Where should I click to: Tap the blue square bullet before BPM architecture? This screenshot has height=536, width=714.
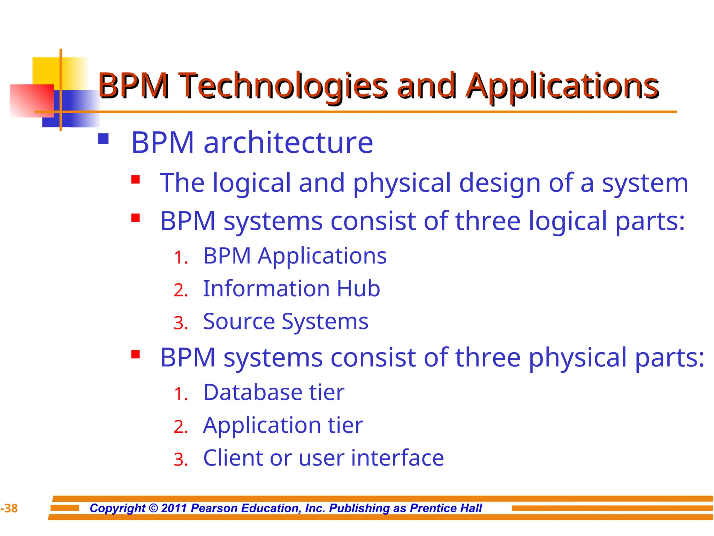103,139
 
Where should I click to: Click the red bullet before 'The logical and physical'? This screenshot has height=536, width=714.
136,180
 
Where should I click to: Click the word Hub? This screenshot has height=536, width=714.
358,289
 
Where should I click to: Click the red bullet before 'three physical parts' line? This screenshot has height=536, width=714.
136,355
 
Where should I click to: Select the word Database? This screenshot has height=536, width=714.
252,392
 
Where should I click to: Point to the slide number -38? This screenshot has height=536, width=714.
9,508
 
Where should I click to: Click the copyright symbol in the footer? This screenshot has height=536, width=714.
153,508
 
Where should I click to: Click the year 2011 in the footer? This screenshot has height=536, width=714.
174,508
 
